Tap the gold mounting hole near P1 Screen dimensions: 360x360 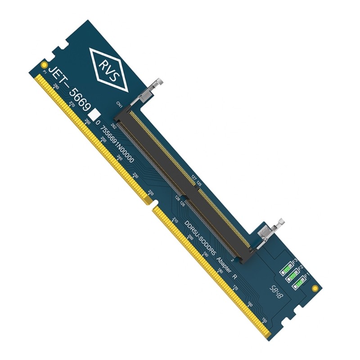(x=44, y=64)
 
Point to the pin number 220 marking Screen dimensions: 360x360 (x=151, y=193)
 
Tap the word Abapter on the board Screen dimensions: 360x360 (x=224, y=266)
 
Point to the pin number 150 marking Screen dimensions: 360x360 (x=264, y=320)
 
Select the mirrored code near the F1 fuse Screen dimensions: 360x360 (x=276, y=292)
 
